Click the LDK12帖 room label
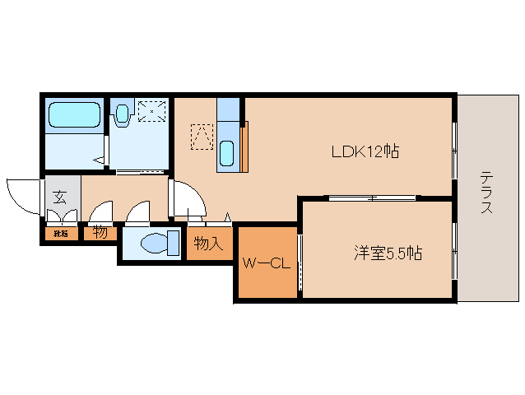coord(365,151)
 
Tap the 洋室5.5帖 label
coord(388,254)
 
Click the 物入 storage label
coord(207,244)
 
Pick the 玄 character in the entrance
coord(61,197)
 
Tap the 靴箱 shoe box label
coord(61,234)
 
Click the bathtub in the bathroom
coord(74,114)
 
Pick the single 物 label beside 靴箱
coord(100,233)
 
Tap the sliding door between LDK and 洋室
coord(371,197)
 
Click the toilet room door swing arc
coord(138,213)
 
